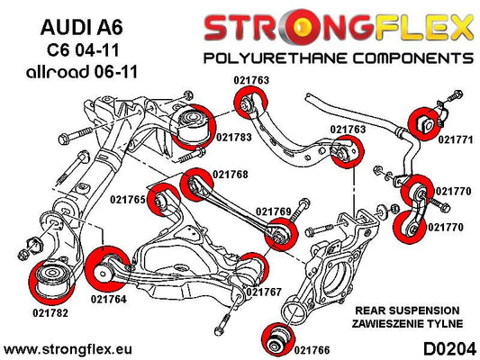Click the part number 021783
click(234, 138)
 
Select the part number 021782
click(50, 313)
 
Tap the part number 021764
click(109, 299)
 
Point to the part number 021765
click(128, 200)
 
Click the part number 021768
click(231, 175)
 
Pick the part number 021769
click(274, 211)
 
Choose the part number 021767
click(263, 292)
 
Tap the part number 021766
click(312, 350)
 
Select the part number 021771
click(456, 139)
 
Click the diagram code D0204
click(450, 349)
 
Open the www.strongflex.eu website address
click(68, 349)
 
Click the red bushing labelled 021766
click(278, 339)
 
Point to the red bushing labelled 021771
click(424, 123)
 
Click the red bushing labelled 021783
click(194, 127)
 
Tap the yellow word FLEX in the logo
click(423, 27)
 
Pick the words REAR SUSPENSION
click(407, 310)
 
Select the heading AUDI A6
click(81, 27)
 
